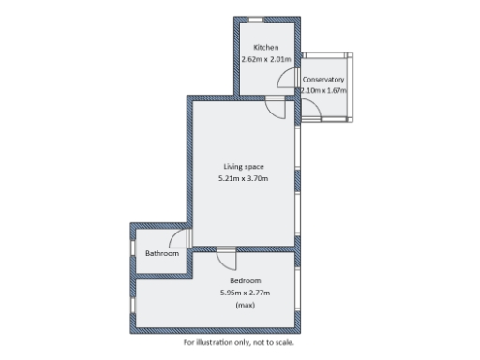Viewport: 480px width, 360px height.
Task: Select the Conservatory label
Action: click(323, 80)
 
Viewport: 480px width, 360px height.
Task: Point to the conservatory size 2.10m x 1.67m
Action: click(324, 91)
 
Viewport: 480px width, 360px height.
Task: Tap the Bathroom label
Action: click(161, 253)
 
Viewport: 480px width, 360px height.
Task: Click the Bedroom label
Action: click(245, 281)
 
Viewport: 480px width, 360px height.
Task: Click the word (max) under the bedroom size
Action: click(245, 305)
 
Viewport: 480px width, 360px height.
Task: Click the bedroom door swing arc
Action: click(225, 257)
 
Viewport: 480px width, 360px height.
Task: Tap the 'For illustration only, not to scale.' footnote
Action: click(239, 341)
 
